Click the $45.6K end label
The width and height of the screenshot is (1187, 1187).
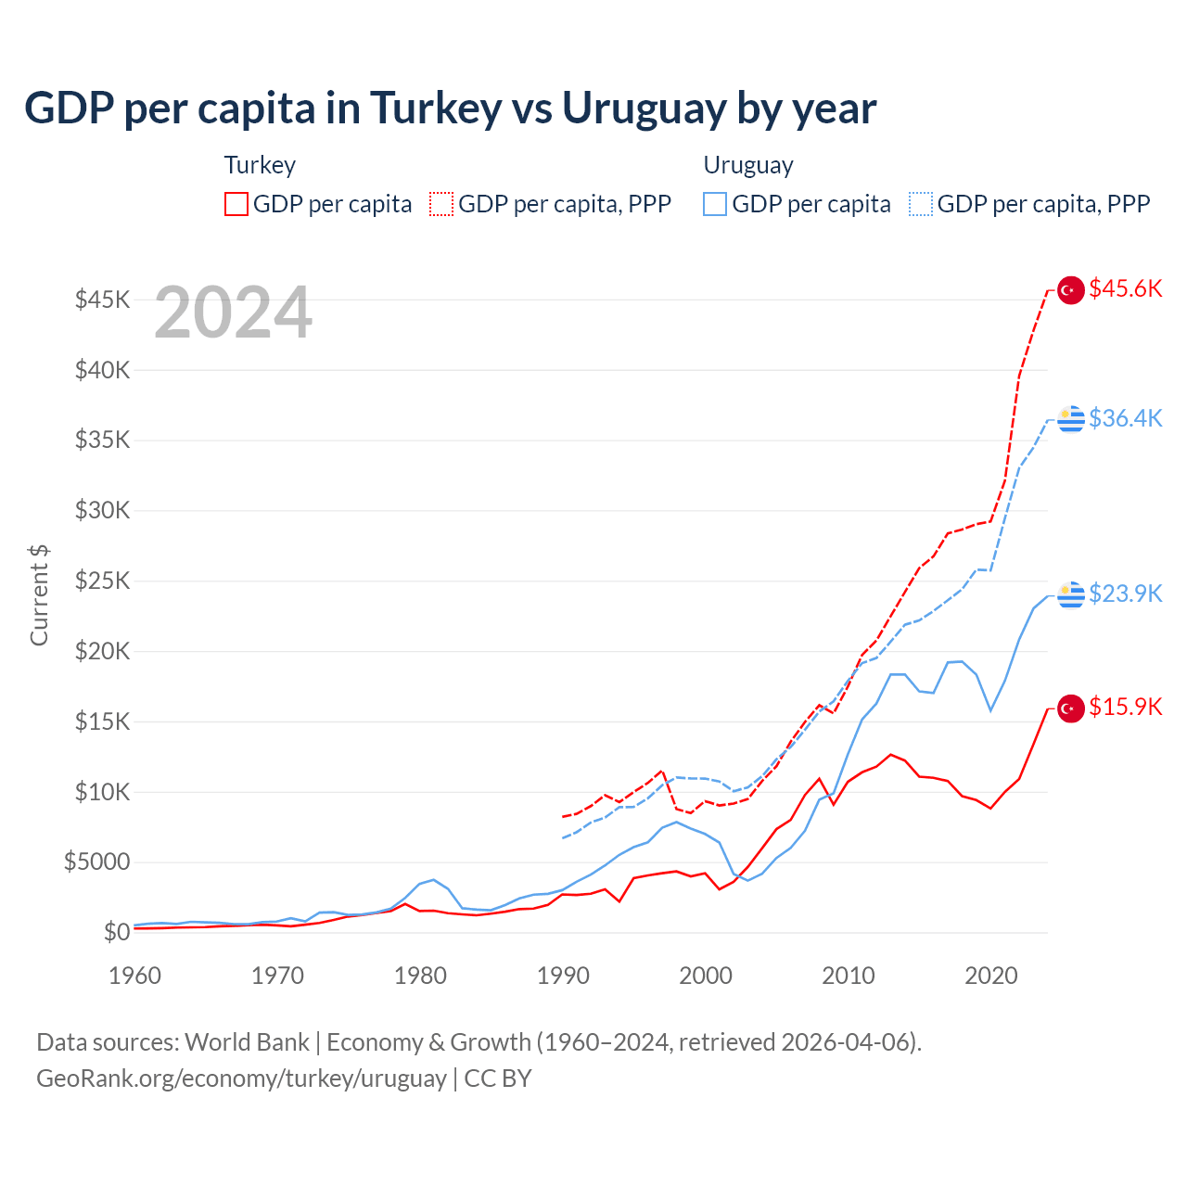[1125, 289]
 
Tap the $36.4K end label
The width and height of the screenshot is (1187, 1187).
[1125, 418]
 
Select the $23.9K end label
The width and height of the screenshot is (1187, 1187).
[1125, 593]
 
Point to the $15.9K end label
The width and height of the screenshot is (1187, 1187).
[1125, 707]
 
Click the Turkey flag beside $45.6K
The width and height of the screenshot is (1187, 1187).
[1071, 290]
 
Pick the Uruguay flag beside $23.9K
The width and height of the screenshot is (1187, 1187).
[1071, 594]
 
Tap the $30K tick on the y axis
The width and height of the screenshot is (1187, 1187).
[103, 510]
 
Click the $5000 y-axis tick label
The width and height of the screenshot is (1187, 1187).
[96, 862]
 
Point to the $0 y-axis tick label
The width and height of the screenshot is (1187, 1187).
[116, 932]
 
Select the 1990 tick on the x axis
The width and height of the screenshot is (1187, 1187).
[563, 976]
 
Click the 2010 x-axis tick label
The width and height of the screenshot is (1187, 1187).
[849, 976]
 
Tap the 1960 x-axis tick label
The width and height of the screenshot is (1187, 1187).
[135, 976]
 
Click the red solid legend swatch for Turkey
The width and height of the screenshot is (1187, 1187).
[236, 204]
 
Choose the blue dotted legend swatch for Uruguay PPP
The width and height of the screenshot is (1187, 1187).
[921, 204]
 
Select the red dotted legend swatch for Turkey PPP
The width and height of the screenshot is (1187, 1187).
[441, 204]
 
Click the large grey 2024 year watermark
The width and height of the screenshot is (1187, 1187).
[233, 313]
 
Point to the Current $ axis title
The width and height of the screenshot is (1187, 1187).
[39, 595]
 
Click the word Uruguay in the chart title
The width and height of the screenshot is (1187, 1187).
[645, 108]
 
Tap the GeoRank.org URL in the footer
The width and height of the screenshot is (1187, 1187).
[241, 1079]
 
